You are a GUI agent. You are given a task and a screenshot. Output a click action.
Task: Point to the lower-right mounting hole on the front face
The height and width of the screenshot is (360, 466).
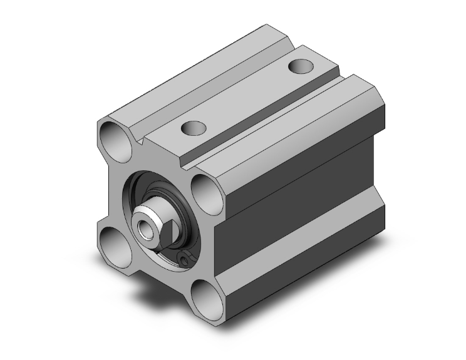pyautogui.click(x=204, y=293)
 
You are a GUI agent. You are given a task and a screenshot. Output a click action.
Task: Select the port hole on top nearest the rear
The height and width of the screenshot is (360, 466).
pyautogui.click(x=300, y=65)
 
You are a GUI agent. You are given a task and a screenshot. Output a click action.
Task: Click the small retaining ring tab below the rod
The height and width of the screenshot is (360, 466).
pyautogui.click(x=184, y=259)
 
